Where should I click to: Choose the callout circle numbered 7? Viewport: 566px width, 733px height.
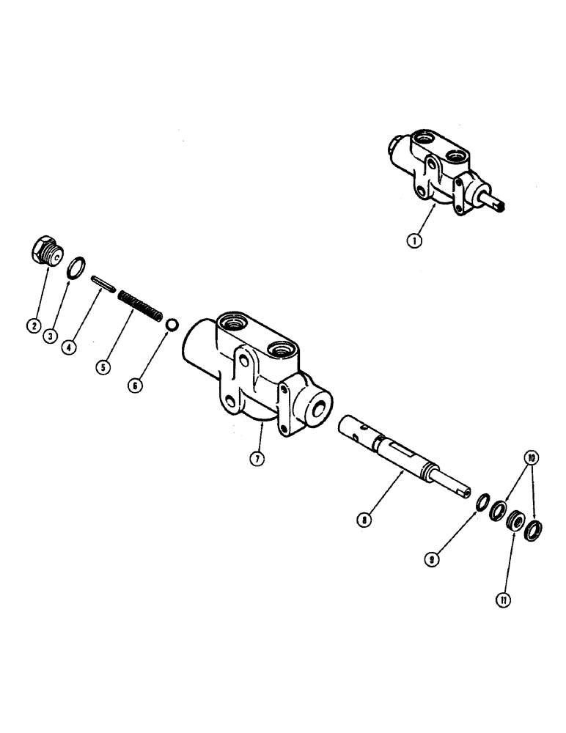[x=256, y=460]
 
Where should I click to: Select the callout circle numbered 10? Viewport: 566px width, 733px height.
[x=529, y=458]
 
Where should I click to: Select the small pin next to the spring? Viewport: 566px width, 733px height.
[x=102, y=282]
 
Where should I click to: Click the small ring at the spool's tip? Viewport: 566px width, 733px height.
[x=483, y=502]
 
